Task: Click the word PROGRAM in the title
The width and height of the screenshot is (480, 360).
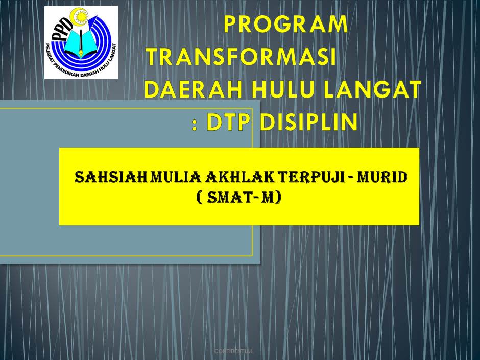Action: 286,25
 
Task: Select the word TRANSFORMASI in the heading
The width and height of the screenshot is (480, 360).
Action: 241,57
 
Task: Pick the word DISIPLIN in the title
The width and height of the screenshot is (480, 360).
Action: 308,123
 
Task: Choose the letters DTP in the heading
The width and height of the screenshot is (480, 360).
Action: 230,123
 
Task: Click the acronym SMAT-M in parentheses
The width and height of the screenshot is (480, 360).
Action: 239,197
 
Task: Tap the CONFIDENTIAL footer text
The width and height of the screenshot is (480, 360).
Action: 234,351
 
